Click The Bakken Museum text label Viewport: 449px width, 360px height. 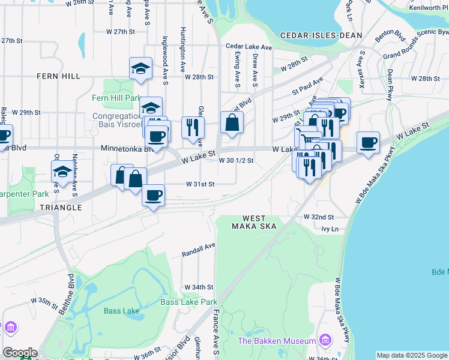[277, 341]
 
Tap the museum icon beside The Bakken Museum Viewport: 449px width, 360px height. [325, 340]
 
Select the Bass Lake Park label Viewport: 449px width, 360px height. [188, 302]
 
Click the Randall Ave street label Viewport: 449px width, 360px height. [199, 250]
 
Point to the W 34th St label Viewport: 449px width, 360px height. [199, 287]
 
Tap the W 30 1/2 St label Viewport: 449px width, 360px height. [236, 161]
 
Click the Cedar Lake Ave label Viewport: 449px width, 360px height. [249, 46]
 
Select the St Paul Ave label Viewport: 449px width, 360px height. [308, 85]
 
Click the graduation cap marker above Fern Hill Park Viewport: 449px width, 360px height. [140, 68]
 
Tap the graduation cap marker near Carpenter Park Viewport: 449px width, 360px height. [62, 172]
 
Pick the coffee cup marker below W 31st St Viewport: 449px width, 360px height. [153, 195]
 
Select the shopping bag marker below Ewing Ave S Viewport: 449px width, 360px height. [232, 123]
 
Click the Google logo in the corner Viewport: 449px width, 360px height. [20, 353]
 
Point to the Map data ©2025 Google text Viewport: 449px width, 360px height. [411, 355]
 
